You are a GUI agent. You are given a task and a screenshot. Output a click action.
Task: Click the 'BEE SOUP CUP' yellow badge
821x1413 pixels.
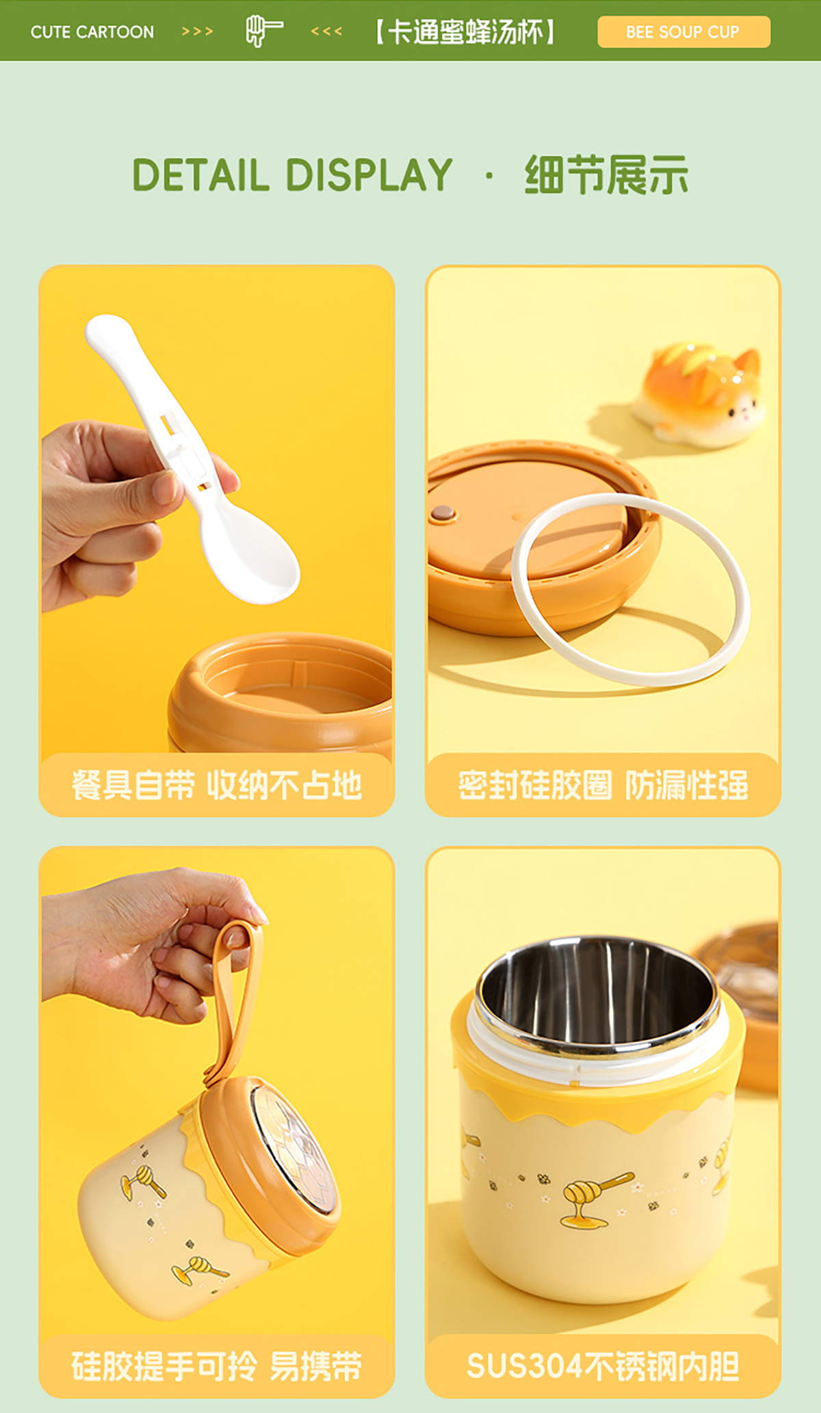[683, 31]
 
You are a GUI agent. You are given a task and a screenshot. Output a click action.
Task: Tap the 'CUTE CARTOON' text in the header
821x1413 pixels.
[92, 31]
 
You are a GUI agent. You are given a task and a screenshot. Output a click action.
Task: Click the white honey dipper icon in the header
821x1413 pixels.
[263, 31]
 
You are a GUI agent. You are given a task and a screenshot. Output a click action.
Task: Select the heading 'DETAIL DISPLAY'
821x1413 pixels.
[292, 174]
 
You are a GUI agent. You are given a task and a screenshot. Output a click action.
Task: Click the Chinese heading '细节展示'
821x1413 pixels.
[606, 174]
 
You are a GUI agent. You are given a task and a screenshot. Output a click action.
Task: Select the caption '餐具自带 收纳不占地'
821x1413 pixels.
[216, 785]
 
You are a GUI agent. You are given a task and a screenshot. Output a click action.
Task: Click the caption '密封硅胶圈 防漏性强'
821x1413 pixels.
[603, 785]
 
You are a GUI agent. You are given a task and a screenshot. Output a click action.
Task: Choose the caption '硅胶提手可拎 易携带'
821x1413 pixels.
[216, 1366]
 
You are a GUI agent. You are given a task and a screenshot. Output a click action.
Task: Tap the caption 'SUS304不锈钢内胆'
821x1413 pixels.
[603, 1366]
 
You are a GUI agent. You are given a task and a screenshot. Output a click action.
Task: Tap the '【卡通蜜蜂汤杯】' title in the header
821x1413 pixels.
[465, 31]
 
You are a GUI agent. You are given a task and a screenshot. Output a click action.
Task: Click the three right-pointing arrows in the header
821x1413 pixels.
[198, 31]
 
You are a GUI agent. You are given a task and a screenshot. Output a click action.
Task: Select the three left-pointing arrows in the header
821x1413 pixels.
[326, 31]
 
